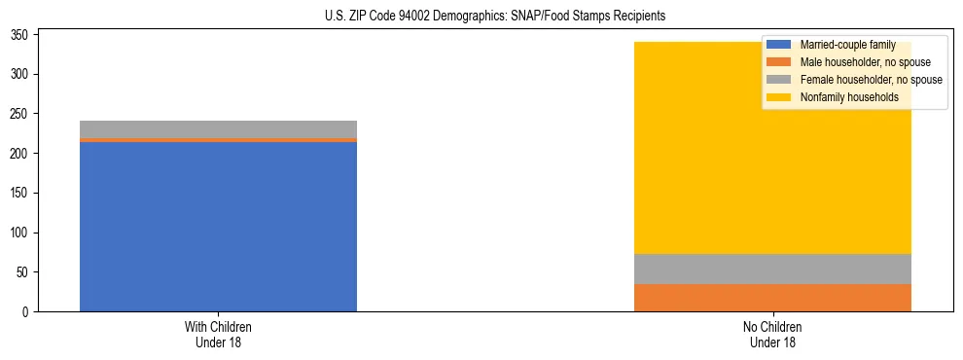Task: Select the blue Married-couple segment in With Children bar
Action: (218, 227)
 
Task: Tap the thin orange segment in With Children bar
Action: (218, 140)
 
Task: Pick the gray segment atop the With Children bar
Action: (218, 128)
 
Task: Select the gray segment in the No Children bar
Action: (772, 269)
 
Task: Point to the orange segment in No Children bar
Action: (772, 298)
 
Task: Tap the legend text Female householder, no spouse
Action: (870, 80)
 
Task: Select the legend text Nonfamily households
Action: (849, 97)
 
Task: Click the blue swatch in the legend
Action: (778, 45)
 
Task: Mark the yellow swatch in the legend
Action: (778, 97)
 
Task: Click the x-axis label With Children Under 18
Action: (218, 334)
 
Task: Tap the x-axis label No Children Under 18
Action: (772, 334)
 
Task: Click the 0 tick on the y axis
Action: (29, 312)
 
